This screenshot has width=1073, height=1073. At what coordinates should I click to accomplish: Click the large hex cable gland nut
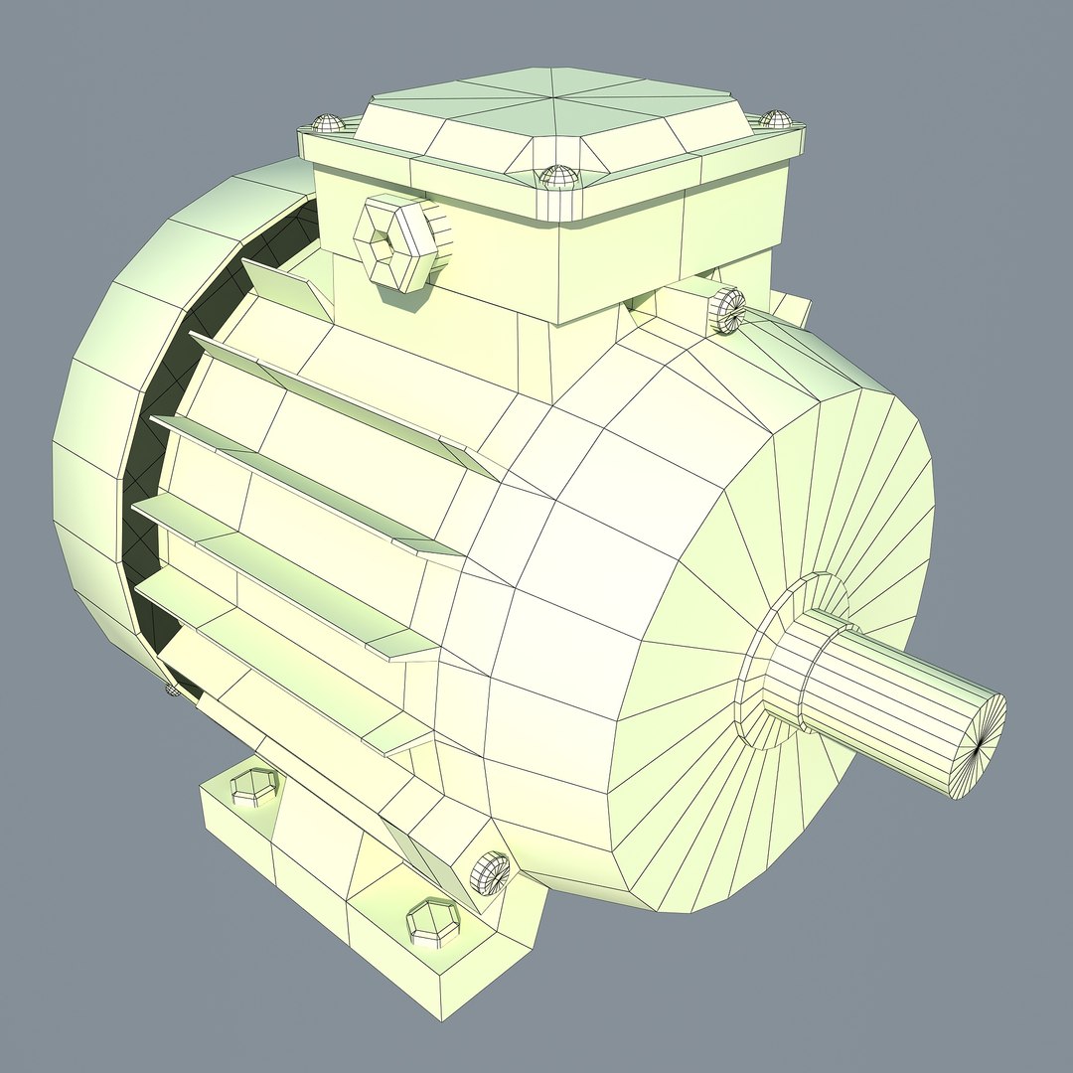[396, 242]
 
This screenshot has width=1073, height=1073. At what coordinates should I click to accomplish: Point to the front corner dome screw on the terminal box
[558, 179]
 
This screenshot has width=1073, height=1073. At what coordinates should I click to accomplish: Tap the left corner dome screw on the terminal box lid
[327, 124]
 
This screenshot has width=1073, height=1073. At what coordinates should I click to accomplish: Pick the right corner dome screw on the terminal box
[776, 119]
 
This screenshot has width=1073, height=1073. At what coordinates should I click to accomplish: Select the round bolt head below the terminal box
[728, 309]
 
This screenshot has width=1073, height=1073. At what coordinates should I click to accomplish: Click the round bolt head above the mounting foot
[490, 872]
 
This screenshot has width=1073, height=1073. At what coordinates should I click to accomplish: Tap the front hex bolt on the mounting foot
[434, 922]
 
